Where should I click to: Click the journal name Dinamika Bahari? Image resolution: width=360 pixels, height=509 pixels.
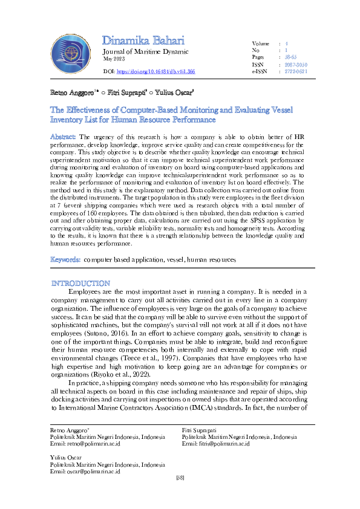pos(142,41)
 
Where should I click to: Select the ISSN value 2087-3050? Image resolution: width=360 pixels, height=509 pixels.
pos(296,64)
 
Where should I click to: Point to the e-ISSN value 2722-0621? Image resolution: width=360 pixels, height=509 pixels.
pos(296,71)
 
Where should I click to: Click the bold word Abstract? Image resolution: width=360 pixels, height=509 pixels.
pos(63,137)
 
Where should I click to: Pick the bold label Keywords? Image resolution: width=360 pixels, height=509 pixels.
pos(65,259)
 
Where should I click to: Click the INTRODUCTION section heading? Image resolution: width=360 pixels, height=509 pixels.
pos(80,284)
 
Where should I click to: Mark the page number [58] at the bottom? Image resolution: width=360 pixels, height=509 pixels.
pos(180,479)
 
